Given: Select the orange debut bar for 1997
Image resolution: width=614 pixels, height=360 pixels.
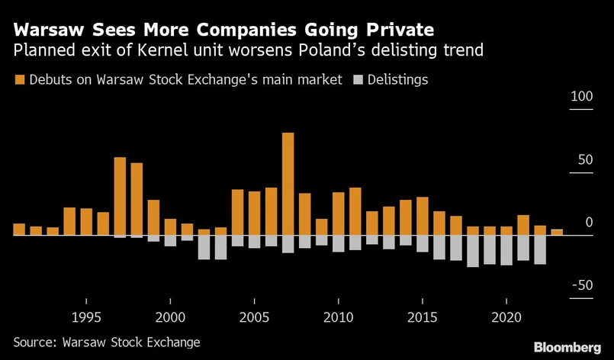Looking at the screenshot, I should tap(120, 196).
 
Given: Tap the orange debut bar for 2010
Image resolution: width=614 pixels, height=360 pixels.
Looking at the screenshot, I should tap(338, 214).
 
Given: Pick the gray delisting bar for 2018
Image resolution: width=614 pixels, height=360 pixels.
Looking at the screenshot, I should tap(473, 251).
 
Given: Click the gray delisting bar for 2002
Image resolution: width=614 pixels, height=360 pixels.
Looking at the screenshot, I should tap(204, 247).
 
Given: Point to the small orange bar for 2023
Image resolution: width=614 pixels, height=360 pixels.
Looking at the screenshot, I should tap(557, 232).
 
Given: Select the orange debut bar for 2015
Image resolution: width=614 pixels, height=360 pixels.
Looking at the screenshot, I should tap(422, 216).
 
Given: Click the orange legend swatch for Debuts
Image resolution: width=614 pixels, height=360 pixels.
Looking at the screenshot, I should tap(19, 79).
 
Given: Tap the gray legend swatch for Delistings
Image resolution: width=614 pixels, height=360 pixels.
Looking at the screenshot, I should tap(358, 79).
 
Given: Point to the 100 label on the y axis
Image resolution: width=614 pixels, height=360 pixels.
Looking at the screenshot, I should tap(581, 98).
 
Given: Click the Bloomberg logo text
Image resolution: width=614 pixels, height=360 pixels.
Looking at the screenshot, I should tap(567, 347).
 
